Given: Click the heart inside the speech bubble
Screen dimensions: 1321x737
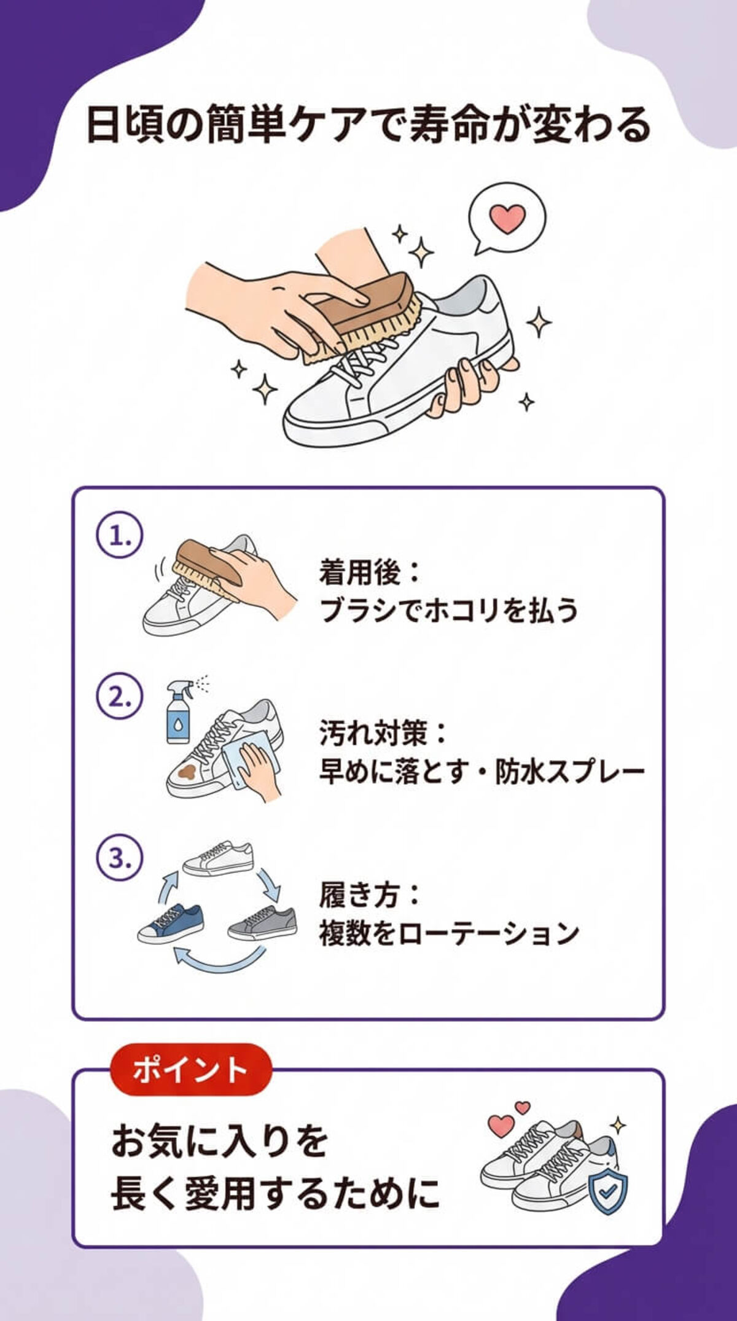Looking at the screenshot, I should [507, 218].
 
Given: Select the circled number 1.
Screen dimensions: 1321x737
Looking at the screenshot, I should [120, 536].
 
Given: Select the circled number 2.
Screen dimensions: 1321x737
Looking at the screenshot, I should [120, 697].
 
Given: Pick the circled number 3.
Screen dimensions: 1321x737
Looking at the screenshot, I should [120, 858].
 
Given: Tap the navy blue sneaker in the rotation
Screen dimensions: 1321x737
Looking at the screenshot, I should [171, 923].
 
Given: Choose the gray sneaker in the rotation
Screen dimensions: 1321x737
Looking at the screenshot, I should [263, 923].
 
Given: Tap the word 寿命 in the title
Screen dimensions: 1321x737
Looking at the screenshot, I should [445, 125].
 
